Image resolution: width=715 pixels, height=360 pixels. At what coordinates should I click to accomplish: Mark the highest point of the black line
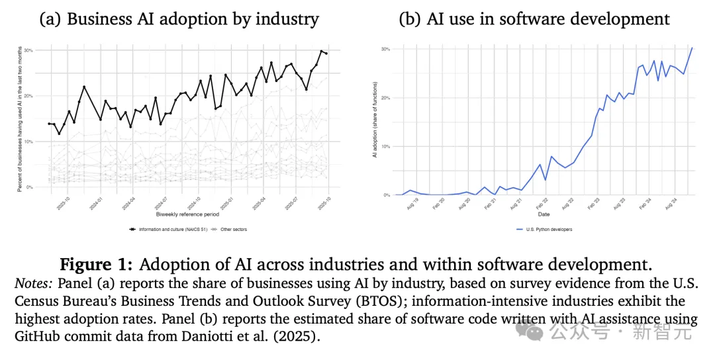click(322, 51)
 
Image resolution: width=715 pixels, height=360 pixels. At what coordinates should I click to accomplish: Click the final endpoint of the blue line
click(692, 48)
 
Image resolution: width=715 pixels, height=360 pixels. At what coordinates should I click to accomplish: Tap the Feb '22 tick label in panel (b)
click(542, 202)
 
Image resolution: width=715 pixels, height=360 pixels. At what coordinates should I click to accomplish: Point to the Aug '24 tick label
click(670, 202)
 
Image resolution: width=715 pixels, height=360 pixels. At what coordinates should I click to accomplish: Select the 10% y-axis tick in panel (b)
click(385, 146)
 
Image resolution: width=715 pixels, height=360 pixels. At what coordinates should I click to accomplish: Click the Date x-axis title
click(543, 214)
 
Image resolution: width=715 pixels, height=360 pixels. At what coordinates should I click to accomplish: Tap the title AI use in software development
click(534, 19)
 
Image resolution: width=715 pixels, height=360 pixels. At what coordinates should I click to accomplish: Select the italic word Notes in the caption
click(32, 283)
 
